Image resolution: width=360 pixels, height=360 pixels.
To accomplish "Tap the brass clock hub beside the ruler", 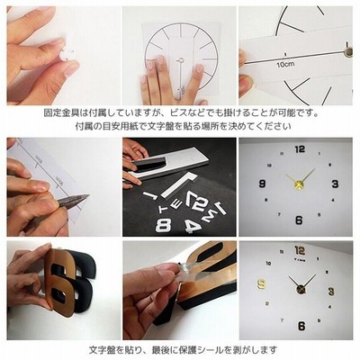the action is tap(348, 51).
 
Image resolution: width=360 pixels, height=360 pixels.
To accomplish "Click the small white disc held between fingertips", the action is tap(67, 54).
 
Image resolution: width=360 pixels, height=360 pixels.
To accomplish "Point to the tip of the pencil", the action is tap(89, 195).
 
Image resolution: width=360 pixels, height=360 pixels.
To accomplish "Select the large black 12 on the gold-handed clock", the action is tap(300, 149).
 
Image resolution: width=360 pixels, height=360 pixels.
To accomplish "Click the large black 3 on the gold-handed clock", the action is tap(335, 184).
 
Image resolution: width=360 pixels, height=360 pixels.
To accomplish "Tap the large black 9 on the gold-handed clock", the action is tap(263, 184).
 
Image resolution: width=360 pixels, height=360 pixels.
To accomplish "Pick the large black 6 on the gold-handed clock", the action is tap(299, 220).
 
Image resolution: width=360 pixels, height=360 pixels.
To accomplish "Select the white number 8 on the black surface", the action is tap(164, 225).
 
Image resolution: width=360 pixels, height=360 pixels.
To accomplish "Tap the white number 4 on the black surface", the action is tap(192, 227).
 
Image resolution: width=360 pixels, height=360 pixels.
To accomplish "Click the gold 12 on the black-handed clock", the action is tap(300, 250).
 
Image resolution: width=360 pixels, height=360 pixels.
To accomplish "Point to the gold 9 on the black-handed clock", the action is tap(262, 283).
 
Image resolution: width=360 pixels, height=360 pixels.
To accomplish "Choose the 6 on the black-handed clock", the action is tap(301, 326).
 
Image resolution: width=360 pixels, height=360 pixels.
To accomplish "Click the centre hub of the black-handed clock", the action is tap(301, 290).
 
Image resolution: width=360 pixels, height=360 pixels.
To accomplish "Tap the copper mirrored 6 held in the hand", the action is tap(60, 281).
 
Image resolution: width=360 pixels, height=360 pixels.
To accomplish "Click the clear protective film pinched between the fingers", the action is tap(187, 268).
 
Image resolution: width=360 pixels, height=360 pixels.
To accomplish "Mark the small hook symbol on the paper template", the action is tap(181, 60).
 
